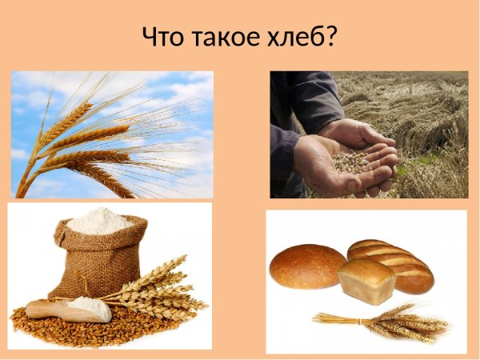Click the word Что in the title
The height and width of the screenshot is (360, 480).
[164, 37]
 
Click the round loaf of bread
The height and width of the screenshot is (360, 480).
[307, 266]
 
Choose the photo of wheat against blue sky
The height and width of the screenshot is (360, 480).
[112, 134]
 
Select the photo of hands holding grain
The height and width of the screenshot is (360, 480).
[369, 134]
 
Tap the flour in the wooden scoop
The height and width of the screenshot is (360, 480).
[88, 305]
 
